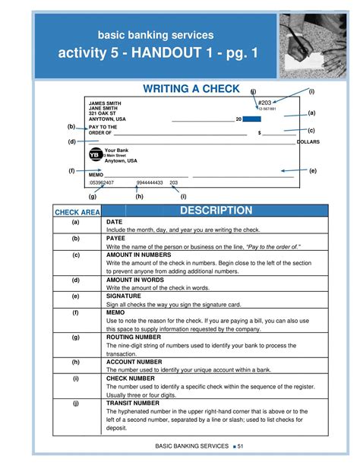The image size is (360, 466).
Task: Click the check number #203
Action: pyautogui.click(x=265, y=103)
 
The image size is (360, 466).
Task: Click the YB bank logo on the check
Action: pyautogui.click(x=95, y=154)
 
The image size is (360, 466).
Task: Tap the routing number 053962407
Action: pyautogui.click(x=102, y=183)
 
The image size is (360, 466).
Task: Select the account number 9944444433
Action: pyautogui.click(x=150, y=183)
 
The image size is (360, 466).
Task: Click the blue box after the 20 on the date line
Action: pyautogui.click(x=252, y=119)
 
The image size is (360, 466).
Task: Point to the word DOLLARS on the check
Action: pyautogui.click(x=309, y=142)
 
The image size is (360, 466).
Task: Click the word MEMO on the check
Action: pyautogui.click(x=96, y=175)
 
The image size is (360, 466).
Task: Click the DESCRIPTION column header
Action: pyautogui.click(x=216, y=211)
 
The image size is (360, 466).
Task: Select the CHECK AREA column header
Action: pyautogui.click(x=76, y=212)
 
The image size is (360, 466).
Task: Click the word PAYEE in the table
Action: pyautogui.click(x=116, y=238)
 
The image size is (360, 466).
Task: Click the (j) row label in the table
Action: pyautogui.click(x=76, y=403)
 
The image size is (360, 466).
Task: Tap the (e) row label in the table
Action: pyautogui.click(x=76, y=296)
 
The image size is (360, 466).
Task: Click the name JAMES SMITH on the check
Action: pyautogui.click(x=105, y=103)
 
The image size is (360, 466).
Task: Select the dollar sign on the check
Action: pyautogui.click(x=260, y=133)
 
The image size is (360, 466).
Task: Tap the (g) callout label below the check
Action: pyautogui.click(x=92, y=196)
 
